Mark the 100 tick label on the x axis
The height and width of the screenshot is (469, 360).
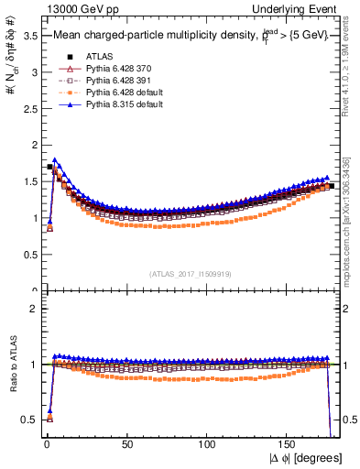pos(208,444)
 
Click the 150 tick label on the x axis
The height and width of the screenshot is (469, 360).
pos(289,444)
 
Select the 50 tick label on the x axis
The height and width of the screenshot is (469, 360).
pos(127,444)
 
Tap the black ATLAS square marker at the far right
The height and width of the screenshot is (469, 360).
pos(332,186)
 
